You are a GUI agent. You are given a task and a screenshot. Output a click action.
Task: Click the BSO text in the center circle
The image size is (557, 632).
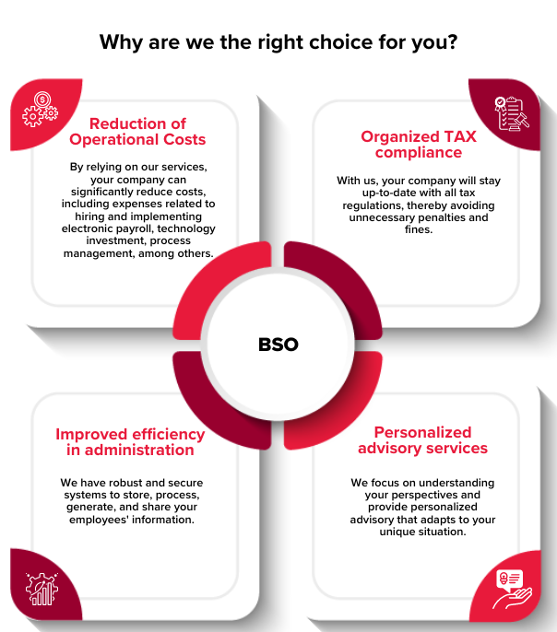(x=278, y=345)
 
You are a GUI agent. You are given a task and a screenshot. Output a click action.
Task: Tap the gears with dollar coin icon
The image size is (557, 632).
(x=41, y=110)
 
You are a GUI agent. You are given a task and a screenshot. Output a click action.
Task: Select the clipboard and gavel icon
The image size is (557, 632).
(x=512, y=113)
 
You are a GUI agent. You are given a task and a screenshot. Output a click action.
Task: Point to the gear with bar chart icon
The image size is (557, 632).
(x=41, y=589)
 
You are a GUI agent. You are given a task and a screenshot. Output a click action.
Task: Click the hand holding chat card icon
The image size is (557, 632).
(x=512, y=589)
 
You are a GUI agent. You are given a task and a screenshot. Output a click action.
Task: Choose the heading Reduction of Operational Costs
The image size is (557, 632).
(x=137, y=132)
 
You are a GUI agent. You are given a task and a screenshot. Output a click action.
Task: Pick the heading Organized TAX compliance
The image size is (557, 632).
(x=419, y=145)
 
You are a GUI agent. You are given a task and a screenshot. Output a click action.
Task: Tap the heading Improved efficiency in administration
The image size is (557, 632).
(x=130, y=442)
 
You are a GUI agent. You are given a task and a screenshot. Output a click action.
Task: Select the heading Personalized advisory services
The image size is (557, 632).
(x=422, y=440)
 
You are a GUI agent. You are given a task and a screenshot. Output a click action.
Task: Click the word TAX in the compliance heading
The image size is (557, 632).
(x=460, y=136)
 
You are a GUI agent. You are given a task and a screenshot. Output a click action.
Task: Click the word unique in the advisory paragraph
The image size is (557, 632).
(x=397, y=532)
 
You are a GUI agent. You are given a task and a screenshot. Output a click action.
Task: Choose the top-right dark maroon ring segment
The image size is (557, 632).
(x=342, y=282)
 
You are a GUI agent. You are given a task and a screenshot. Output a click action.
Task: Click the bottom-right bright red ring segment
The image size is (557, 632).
(x=342, y=408)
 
